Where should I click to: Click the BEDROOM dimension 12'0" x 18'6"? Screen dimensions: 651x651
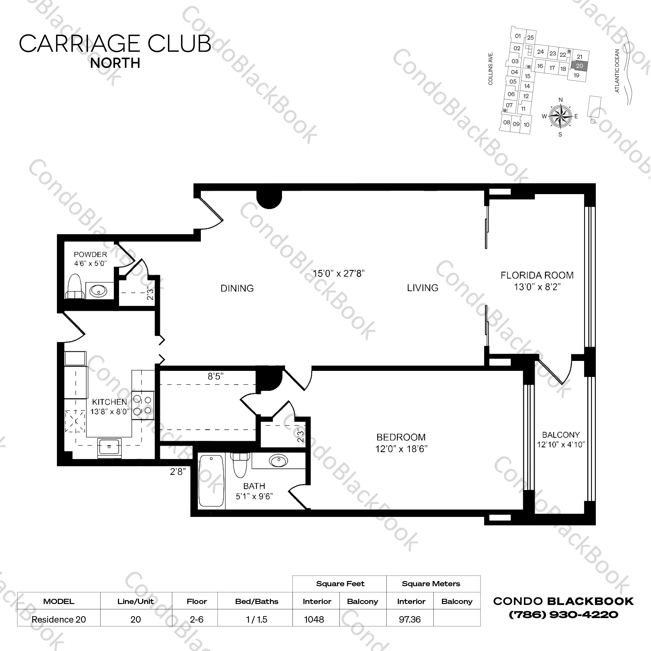point(401,449)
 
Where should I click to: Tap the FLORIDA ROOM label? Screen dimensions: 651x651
point(537,275)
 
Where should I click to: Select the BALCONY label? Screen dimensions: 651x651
point(561,435)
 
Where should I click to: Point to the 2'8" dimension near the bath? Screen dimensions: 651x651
point(178,472)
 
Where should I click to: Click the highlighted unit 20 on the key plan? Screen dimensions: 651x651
point(579,66)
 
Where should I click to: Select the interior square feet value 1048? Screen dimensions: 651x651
point(314,619)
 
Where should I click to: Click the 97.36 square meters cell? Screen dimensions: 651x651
point(410,619)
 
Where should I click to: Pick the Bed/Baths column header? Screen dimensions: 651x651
point(257,601)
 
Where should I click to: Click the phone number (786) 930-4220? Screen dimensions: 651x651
point(563,615)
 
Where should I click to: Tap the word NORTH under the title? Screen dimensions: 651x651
point(115,63)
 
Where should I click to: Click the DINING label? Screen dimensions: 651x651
point(237,288)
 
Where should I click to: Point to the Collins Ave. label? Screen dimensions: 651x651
point(491,68)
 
